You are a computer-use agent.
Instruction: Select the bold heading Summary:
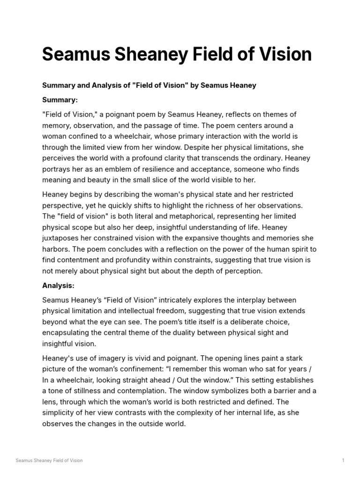coord(60,100)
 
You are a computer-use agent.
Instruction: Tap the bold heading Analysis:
coord(58,285)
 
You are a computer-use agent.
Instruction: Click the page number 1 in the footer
coord(343,460)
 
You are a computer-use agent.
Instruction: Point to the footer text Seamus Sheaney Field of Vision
coord(49,460)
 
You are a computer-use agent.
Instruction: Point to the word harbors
coord(57,249)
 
